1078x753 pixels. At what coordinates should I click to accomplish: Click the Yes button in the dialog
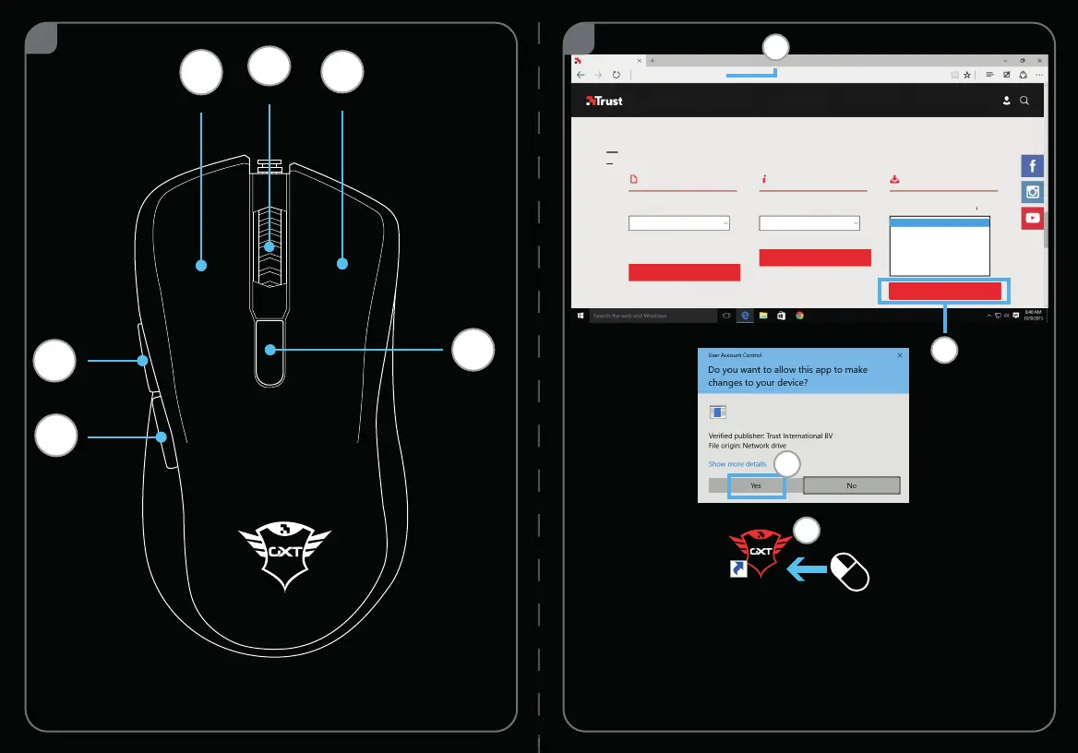pos(756,485)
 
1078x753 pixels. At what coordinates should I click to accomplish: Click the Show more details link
pos(737,464)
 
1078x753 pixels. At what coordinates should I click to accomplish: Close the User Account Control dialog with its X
pos(900,354)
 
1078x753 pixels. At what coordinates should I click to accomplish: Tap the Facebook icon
pos(1032,166)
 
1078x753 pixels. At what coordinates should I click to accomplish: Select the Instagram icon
pos(1032,192)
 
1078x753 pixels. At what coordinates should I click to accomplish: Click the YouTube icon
pos(1032,219)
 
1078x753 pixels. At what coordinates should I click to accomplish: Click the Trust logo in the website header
pos(605,101)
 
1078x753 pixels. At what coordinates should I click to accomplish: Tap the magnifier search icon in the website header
pos(1024,101)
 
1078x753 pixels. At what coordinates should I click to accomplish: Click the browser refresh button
pos(616,75)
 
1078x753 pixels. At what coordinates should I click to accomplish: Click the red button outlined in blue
pos(944,292)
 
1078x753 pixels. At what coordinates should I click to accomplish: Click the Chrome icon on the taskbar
pos(800,316)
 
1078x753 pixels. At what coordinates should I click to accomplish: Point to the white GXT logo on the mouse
pos(284,555)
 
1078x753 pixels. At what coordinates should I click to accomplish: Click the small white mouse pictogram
pos(850,571)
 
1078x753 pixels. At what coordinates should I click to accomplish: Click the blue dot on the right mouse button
pos(342,264)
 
